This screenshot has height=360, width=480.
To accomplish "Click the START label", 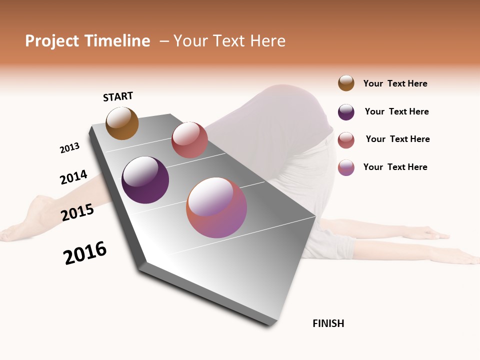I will [118, 96].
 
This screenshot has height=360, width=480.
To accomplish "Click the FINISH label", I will [328, 323].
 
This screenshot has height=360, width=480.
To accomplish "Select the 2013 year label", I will [69, 148].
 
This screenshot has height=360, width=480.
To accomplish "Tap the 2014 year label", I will [73, 177].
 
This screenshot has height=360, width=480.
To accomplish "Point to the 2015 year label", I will [77, 212].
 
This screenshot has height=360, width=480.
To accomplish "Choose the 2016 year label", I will [85, 253].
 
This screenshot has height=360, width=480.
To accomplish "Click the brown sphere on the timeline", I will [122, 123].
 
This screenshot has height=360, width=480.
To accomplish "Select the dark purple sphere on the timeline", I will [145, 180].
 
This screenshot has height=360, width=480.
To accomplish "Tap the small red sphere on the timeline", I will [189, 140].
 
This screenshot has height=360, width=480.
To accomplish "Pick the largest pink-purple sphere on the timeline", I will [216, 207].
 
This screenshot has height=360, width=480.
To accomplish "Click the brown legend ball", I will [346, 83].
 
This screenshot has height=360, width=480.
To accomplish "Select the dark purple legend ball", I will [346, 112].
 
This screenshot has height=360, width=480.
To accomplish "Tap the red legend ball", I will [346, 140].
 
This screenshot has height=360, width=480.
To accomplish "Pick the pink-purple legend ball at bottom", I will [346, 167].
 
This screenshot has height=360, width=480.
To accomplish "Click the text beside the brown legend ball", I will [395, 83].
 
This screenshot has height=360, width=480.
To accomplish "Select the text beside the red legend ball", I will [397, 139].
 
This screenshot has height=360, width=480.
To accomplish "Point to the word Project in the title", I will [52, 41].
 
